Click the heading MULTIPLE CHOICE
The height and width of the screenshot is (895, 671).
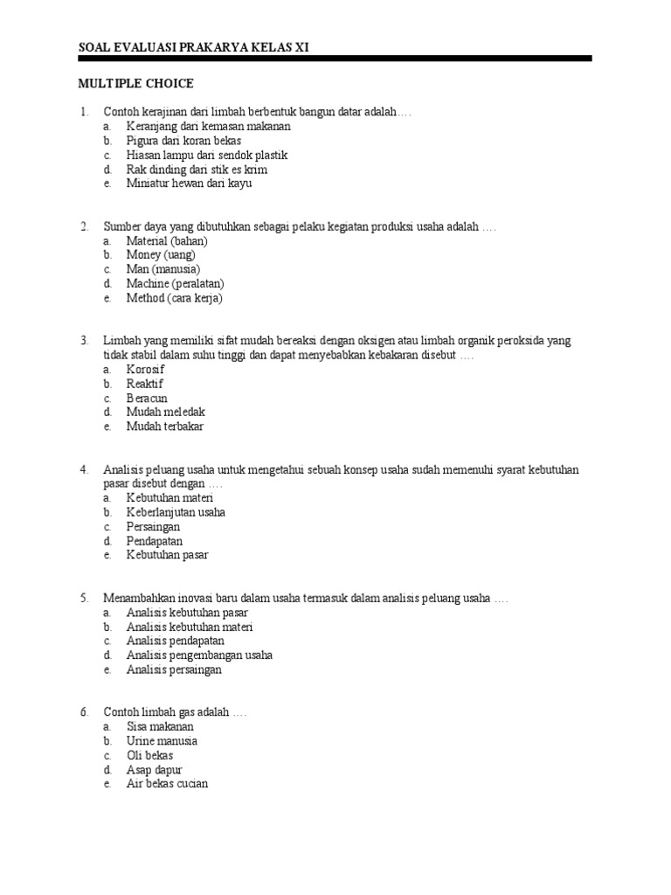pyautogui.click(x=135, y=84)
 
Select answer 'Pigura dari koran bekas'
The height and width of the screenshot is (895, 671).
pyautogui.click(x=183, y=141)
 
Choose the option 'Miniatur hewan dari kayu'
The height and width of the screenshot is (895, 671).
pyautogui.click(x=190, y=184)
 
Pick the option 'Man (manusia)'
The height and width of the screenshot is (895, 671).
pyautogui.click(x=163, y=269)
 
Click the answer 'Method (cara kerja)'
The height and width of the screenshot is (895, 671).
pyautogui.click(x=175, y=298)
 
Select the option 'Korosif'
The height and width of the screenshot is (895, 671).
pyautogui.click(x=145, y=369)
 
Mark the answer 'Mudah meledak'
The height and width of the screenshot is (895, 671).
pyautogui.click(x=166, y=412)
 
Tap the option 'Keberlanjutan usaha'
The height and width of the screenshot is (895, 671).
pyautogui.click(x=176, y=512)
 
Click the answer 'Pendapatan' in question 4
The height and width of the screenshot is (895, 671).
pyautogui.click(x=155, y=541)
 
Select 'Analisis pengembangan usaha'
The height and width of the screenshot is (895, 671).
pyautogui.click(x=199, y=656)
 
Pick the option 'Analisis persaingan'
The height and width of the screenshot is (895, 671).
pyautogui.click(x=174, y=670)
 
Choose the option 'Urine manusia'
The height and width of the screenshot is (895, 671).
pyautogui.click(x=162, y=741)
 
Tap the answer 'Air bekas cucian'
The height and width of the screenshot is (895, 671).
pyautogui.click(x=167, y=784)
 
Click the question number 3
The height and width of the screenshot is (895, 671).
pyautogui.click(x=84, y=341)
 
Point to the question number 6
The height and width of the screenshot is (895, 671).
pyautogui.click(x=84, y=712)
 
